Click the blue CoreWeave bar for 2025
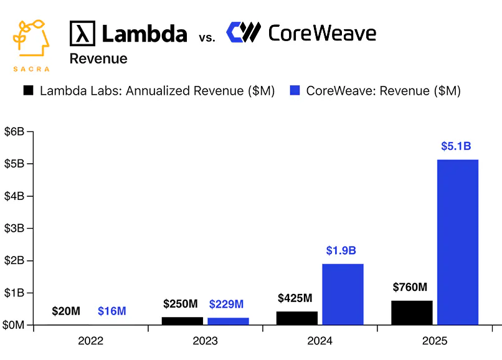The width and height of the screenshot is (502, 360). coord(458,242)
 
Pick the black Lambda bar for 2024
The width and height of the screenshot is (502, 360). coord(297,318)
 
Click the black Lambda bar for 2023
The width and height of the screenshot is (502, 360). coord(182,321)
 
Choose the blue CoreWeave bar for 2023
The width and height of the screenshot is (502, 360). coord(228,321)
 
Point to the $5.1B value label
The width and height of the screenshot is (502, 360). coord(456,147)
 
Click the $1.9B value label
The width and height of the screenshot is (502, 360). coord(341,251)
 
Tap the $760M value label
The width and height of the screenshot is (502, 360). coord(410,287)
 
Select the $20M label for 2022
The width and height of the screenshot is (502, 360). coord(66,311)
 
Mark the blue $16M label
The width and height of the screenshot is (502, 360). coord(112,311)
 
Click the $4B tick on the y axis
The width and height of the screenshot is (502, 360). coord(14,196)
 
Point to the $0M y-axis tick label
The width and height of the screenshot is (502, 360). coord(14,325)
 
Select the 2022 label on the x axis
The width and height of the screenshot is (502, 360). coord(91,341)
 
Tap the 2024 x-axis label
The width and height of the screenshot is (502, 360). coord(320,341)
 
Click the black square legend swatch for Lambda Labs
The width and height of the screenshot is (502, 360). coord(28,90)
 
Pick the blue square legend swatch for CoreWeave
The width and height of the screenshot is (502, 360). coord(295,90)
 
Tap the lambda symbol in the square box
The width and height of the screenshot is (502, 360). coord(82,33)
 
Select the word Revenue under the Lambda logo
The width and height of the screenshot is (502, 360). coord(98,59)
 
